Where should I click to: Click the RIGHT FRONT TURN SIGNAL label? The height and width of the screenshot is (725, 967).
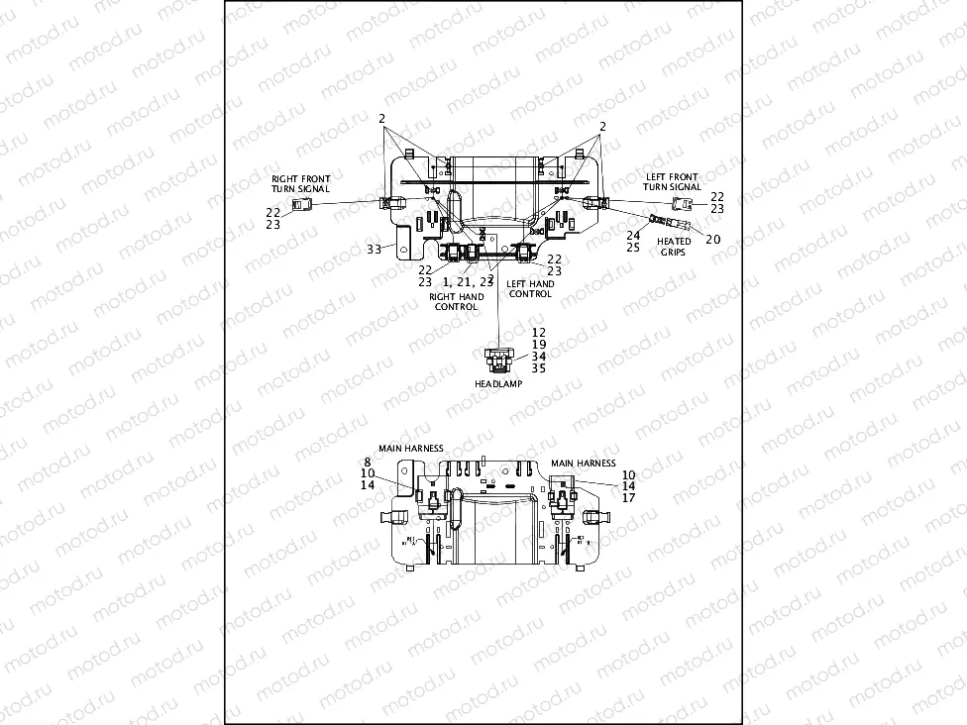click(300, 183)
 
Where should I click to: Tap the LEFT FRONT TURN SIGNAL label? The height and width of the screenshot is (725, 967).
click(672, 182)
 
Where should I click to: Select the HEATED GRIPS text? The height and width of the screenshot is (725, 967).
click(675, 247)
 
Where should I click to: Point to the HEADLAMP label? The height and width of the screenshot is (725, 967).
click(497, 383)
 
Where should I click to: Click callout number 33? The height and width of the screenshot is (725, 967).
click(376, 249)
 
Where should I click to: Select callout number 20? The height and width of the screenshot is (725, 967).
click(713, 239)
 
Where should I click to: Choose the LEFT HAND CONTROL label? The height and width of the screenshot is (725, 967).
click(530, 289)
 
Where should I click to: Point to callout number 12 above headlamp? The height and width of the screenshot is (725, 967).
click(538, 332)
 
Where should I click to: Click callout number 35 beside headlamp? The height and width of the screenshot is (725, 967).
click(538, 367)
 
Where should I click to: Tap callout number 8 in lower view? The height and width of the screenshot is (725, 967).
click(368, 462)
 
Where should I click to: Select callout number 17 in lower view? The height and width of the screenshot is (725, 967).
click(629, 498)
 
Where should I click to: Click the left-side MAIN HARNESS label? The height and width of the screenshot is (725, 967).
click(410, 448)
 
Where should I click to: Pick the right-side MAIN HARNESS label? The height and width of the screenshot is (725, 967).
click(583, 463)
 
